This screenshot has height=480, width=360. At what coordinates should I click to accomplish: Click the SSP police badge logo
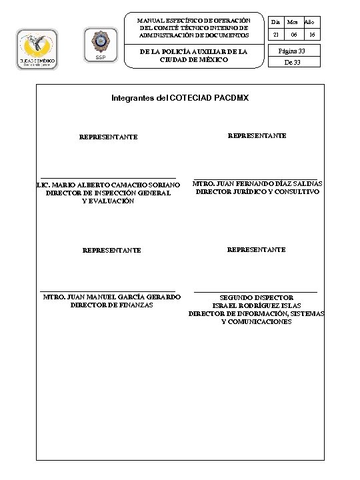click(101, 45)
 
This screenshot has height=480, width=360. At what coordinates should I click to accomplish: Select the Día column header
click(274, 22)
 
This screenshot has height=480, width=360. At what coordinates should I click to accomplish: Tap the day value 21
click(275, 35)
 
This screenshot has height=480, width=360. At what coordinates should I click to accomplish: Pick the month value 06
click(293, 35)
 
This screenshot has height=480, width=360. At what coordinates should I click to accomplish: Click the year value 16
click(311, 35)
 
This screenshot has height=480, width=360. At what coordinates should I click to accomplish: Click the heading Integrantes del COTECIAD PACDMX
click(180, 98)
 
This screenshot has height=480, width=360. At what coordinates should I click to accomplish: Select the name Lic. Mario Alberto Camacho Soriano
click(108, 185)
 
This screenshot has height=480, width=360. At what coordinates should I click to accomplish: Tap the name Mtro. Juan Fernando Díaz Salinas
click(257, 183)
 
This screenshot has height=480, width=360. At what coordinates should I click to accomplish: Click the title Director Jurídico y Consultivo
click(257, 192)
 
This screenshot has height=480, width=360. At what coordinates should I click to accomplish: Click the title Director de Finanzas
click(111, 305)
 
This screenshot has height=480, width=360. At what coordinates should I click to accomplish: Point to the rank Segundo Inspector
click(257, 297)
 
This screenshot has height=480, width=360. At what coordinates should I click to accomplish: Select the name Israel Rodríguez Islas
click(257, 305)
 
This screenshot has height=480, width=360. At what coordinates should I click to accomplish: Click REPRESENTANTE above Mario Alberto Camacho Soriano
click(109, 137)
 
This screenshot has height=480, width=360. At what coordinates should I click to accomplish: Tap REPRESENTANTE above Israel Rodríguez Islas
click(257, 249)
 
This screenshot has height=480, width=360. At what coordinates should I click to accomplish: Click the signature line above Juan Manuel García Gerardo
click(109, 291)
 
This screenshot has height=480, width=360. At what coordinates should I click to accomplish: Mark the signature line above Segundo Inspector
click(255, 291)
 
